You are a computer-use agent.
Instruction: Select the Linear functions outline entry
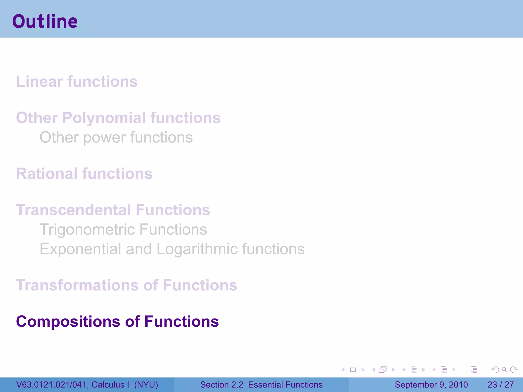[77, 82]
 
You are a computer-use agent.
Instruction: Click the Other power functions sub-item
[116, 137]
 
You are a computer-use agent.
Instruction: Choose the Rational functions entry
[84, 174]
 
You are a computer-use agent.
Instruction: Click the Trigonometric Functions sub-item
[123, 229]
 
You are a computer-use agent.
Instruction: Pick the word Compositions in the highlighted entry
[68, 321]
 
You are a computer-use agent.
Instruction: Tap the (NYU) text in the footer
[146, 385]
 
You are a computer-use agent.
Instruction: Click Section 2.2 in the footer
[221, 385]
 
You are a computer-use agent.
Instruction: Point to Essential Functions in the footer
[285, 385]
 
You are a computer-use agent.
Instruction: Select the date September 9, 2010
[431, 385]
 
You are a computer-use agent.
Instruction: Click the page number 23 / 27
[501, 385]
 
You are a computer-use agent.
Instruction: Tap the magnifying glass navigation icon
[504, 370]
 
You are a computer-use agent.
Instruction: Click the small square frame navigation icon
[353, 370]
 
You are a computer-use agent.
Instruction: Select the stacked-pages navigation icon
[383, 370]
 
